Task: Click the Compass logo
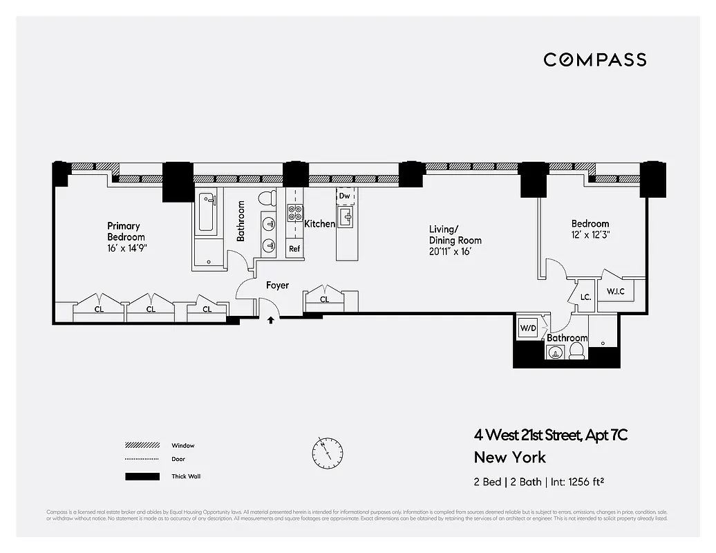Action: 594,59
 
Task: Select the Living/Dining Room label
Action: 455,240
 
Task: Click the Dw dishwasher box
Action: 345,196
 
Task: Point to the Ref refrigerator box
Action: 294,249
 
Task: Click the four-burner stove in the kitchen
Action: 295,212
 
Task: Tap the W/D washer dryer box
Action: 528,328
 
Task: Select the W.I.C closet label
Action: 616,291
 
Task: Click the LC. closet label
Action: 585,297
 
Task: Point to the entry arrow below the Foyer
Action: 271,319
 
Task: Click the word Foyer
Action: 277,285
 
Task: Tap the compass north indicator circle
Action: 326,452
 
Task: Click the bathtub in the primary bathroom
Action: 206,212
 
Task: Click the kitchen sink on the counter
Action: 346,219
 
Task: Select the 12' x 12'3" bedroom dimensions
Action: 590,235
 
